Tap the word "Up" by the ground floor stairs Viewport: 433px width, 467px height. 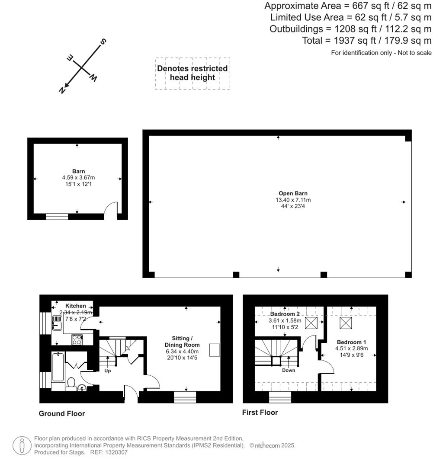pyautogui.click(x=108, y=371)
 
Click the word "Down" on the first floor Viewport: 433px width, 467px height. pyautogui.click(x=289, y=370)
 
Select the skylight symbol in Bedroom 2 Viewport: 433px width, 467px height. pyautogui.click(x=311, y=323)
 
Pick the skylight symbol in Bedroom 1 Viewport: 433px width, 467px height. pyautogui.click(x=345, y=323)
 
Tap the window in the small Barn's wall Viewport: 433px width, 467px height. pyautogui.click(x=57, y=216)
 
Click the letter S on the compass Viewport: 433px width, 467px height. pyautogui.click(x=103, y=42)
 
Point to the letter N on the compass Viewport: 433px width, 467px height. pyautogui.click(x=62, y=90)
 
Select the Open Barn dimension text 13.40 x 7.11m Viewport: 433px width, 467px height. pyautogui.click(x=293, y=200)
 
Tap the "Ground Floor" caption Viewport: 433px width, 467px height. pyautogui.click(x=62, y=413)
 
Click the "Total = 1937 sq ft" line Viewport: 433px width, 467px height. pyautogui.click(x=366, y=41)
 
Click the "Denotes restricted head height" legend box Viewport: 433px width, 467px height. pyautogui.click(x=192, y=73)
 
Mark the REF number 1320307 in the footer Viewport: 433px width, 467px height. pyautogui.click(x=115, y=452)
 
